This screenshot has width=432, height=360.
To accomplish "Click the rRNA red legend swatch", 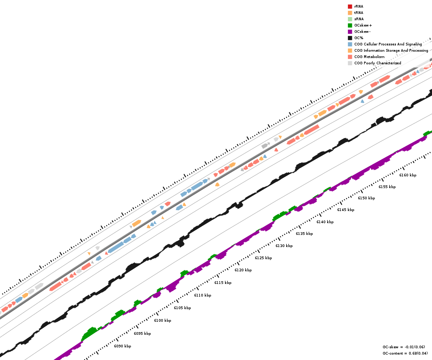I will (x=350, y=6).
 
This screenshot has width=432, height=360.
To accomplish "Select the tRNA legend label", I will (x=359, y=13).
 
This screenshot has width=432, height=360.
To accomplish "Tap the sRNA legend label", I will (x=359, y=19).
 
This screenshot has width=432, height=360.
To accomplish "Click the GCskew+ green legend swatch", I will (x=350, y=25).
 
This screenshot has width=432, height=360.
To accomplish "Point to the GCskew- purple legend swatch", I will (x=350, y=31).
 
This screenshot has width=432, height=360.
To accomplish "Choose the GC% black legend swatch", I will (x=350, y=38).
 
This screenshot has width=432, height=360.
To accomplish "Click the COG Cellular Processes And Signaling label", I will (x=388, y=44).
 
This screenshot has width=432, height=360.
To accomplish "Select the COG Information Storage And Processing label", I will (x=391, y=50).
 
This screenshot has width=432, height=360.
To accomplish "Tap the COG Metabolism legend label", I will (x=369, y=57).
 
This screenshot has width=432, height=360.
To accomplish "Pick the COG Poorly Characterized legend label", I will (x=378, y=63).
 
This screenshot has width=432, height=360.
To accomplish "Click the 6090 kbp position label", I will (x=122, y=346).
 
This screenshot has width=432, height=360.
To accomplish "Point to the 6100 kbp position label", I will (x=162, y=320).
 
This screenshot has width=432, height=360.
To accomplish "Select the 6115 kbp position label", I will (x=223, y=283).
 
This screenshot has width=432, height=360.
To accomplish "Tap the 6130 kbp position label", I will (x=284, y=246).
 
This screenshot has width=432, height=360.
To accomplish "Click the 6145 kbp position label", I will (x=346, y=210).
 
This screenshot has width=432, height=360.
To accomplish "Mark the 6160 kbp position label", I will (x=408, y=175).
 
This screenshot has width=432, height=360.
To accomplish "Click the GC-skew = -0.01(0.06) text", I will (x=404, y=347).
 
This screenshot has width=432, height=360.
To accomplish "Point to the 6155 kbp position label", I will (x=387, y=187).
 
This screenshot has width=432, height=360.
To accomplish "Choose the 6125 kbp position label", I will (x=263, y=258).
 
